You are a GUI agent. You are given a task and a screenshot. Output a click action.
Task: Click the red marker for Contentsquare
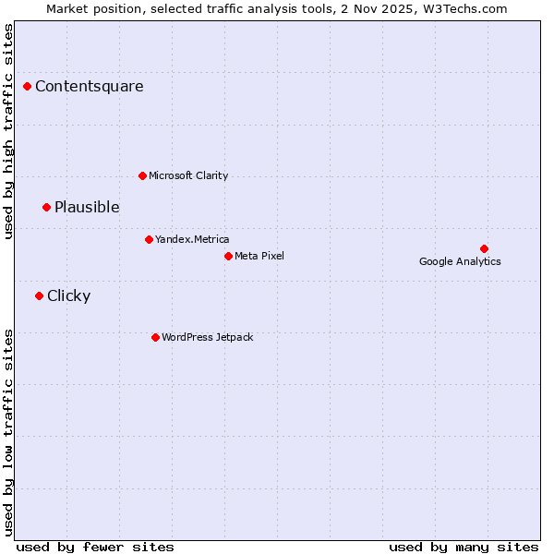28,87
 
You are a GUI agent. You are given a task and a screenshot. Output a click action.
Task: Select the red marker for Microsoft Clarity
142,175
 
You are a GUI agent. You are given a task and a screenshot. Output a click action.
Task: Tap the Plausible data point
46,207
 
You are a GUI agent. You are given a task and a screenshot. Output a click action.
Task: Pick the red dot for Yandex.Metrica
149,239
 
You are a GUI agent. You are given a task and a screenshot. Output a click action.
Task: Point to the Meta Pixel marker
228,256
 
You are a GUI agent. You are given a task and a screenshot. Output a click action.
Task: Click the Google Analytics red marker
484,248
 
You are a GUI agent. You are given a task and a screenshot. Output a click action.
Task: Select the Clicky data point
39,295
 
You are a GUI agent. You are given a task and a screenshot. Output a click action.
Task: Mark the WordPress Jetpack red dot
155,337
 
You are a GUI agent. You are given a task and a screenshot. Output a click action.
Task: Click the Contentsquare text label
90,87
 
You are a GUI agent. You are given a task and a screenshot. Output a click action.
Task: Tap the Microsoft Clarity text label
188,175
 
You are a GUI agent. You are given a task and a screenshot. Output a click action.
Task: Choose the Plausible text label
87,207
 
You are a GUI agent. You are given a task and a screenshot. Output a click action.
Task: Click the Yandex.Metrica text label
192,239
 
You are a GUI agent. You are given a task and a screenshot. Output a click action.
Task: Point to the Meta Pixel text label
259,256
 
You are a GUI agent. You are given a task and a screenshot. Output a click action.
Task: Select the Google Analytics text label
460,261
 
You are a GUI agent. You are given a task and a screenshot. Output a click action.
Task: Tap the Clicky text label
68,295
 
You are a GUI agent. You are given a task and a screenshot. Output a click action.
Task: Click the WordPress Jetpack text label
207,337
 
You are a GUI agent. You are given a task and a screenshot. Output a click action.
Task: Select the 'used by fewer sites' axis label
95,547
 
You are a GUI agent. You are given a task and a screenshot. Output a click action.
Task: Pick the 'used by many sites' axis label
464,547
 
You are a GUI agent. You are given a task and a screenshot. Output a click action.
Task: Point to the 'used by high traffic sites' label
8,131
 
